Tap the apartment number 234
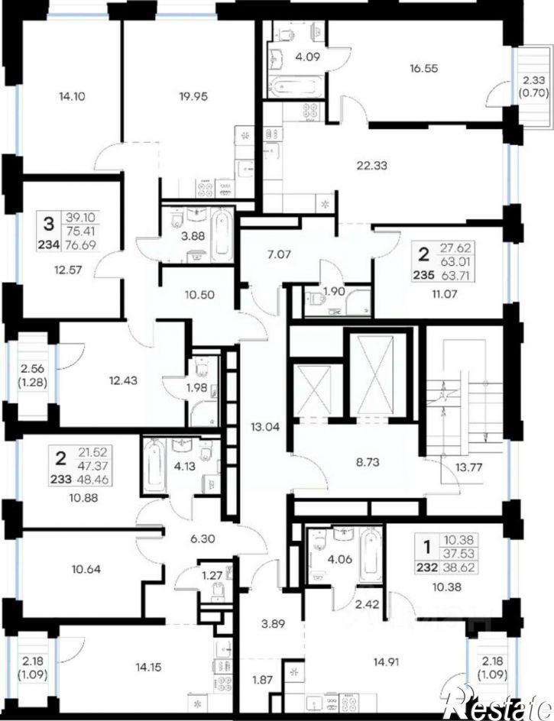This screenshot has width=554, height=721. pyautogui.click(x=49, y=244)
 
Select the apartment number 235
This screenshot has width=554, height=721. pyautogui.click(x=424, y=276)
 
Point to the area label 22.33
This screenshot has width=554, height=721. pyautogui.click(x=372, y=166)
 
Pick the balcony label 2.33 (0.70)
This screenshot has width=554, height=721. pyautogui.click(x=533, y=86)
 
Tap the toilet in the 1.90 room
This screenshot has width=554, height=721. pyautogui.click(x=316, y=299)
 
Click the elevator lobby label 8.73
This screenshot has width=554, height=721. pyautogui.click(x=368, y=461)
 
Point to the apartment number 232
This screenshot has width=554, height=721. pyautogui.click(x=427, y=568)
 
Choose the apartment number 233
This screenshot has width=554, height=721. pyautogui.click(x=60, y=480)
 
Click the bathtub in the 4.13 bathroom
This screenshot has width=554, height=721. pyautogui.click(x=154, y=465)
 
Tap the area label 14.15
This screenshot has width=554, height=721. pyautogui.click(x=148, y=668)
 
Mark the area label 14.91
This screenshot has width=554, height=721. pyautogui.click(x=386, y=663)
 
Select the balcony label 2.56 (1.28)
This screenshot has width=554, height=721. pyautogui.click(x=34, y=375)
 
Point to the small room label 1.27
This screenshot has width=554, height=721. pyautogui.click(x=212, y=576)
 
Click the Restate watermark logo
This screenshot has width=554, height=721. pyautogui.click(x=499, y=703)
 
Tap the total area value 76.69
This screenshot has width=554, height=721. pyautogui.click(x=81, y=244)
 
